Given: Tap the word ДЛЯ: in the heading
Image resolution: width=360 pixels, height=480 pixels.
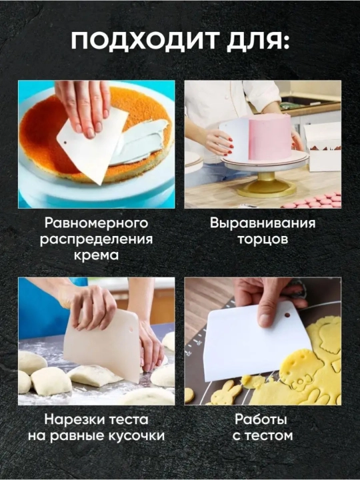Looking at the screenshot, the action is click(258, 42).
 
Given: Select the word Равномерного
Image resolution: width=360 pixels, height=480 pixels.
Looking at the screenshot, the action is click(97, 223).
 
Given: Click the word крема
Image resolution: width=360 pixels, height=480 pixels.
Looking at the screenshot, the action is click(97, 255).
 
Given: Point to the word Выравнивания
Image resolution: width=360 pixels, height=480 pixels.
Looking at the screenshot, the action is click(263, 223).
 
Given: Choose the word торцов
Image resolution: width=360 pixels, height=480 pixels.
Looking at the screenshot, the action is click(263, 239).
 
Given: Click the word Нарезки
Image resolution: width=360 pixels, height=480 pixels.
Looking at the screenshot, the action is click(75, 419).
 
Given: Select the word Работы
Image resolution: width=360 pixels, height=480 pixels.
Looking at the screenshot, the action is click(261, 419).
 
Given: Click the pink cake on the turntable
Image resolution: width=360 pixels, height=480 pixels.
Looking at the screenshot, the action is click(269, 136).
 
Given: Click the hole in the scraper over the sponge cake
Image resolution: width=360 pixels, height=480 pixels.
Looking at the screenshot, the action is click(65, 143).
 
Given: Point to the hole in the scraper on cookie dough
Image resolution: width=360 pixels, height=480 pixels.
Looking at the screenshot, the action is click(287, 315).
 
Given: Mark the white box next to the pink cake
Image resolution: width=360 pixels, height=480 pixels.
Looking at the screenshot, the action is click(323, 147).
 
